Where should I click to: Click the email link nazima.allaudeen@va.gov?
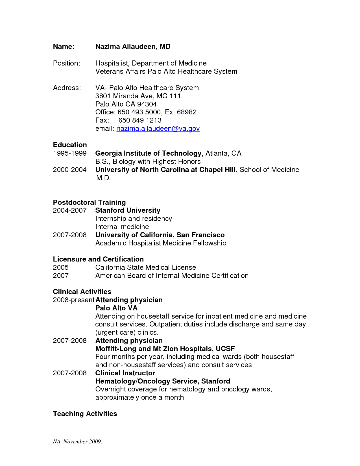click(158, 129)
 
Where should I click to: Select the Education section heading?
click(70, 145)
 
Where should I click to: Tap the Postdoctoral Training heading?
click(89, 202)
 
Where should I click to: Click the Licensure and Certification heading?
click(98, 259)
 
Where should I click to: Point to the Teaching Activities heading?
click(85, 413)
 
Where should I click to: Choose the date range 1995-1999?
click(69, 153)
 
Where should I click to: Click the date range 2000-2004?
click(69, 170)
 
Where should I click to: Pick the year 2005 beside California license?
click(61, 267)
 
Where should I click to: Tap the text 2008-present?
click(73, 300)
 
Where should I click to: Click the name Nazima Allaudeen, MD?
click(133, 47)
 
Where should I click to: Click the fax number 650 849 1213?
click(140, 120)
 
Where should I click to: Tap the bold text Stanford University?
click(128, 210)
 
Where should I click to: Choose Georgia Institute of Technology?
click(148, 153)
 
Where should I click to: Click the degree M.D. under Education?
click(103, 178)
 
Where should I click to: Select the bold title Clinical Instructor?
click(125, 373)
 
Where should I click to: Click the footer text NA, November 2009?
click(77, 441)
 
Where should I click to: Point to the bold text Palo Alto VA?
click(116, 308)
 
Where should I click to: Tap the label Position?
click(66, 63)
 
